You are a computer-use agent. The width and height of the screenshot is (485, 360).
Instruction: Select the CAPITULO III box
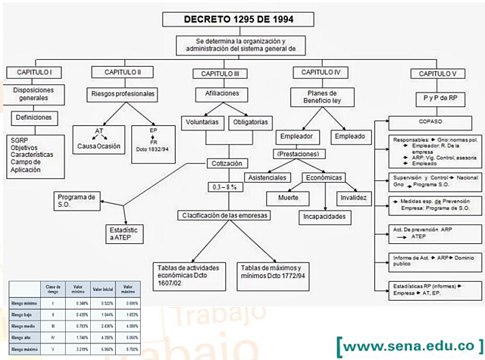pos(216,74)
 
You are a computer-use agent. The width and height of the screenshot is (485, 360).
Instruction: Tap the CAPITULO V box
pos(433,74)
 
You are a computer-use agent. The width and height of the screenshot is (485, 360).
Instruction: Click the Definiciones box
pos(33,117)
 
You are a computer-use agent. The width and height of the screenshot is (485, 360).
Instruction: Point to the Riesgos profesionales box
pos(123,94)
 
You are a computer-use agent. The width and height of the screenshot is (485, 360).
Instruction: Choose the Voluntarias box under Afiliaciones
pos(202,121)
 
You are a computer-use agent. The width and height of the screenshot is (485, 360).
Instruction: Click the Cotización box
pos(232,164)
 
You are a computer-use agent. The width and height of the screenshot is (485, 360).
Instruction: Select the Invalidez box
pos(353,197)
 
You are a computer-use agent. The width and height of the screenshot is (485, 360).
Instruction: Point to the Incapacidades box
pos(324,216)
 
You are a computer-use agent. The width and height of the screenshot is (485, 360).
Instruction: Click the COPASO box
pos(429,121)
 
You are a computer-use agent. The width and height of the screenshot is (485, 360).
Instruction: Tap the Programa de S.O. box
pos(76,201)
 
